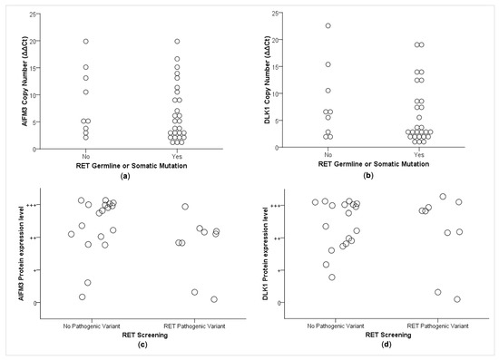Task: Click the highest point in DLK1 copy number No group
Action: point(328,25)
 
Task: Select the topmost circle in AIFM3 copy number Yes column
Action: point(177,41)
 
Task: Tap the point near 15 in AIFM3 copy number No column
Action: point(86,67)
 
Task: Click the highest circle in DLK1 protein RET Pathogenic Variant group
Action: point(443,197)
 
